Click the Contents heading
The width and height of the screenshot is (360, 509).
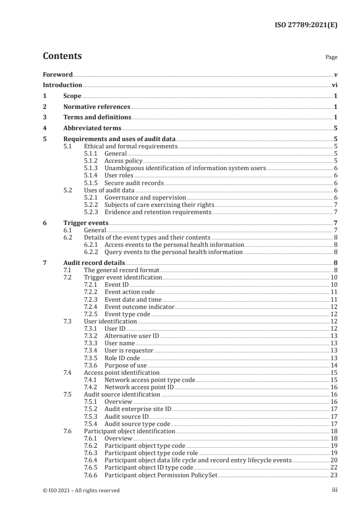pyautogui.click(x=62, y=57)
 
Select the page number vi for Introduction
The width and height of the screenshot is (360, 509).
pyautogui.click(x=334, y=85)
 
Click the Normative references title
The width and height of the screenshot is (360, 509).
pyautogui.click(x=96, y=107)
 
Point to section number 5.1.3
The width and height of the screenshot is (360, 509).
pyautogui.click(x=91, y=168)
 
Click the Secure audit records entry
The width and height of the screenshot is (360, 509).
pyautogui.click(x=133, y=183)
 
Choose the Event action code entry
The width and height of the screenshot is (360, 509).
pyautogui.click(x=129, y=292)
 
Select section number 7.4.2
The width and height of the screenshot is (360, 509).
pyautogui.click(x=91, y=387)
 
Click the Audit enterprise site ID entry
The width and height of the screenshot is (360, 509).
pyautogui.click(x=138, y=409)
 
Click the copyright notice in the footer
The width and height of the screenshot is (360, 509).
pyautogui.click(x=81, y=490)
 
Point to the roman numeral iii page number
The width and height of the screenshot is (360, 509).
pyautogui.click(x=335, y=490)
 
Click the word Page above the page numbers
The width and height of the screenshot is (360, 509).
pyautogui.click(x=331, y=58)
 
